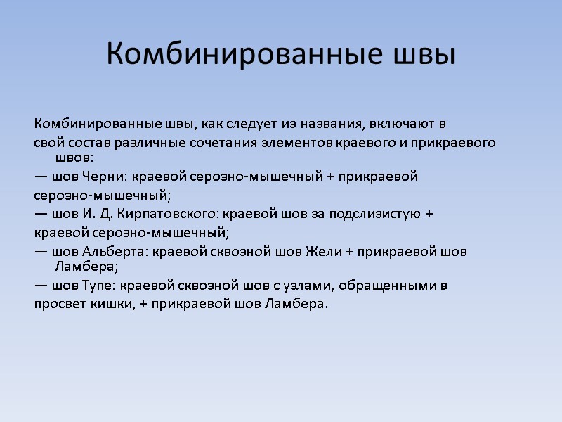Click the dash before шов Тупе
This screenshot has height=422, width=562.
tap(41, 286)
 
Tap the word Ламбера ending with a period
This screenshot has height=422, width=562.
tap(299, 304)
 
